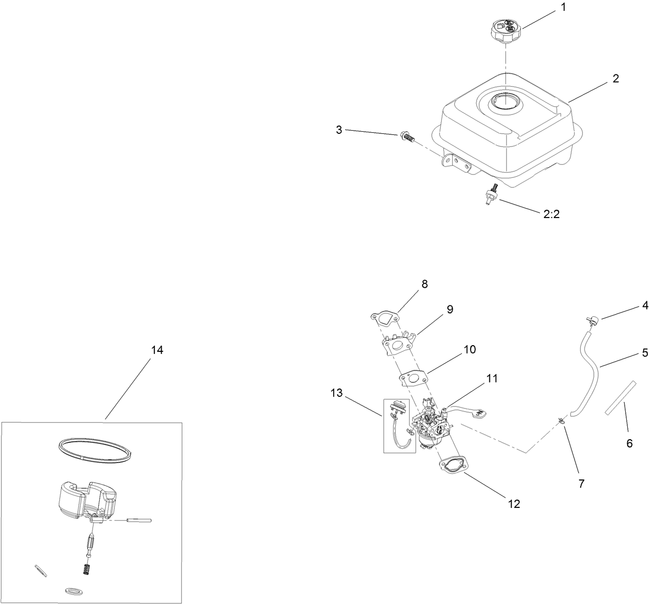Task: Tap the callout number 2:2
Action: point(552,214)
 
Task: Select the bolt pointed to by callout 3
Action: point(407,137)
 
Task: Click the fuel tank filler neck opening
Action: point(504,100)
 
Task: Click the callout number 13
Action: point(336,393)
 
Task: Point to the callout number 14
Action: point(157,350)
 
